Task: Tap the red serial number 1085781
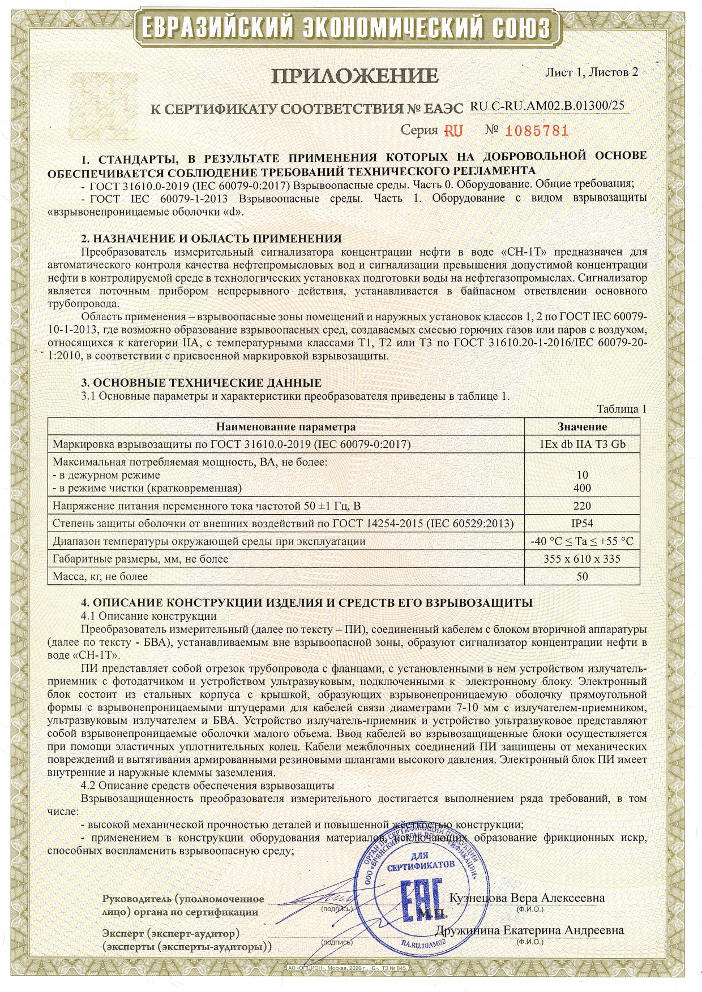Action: click(x=536, y=131)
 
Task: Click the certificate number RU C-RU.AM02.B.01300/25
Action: click(x=547, y=106)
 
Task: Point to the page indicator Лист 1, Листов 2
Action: click(x=591, y=72)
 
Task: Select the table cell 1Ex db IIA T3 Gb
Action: click(x=582, y=444)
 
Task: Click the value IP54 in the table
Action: click(x=582, y=523)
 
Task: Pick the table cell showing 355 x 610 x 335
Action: click(x=582, y=559)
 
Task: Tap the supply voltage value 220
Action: click(x=582, y=506)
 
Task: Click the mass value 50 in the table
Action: click(x=582, y=577)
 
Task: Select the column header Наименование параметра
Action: click(x=286, y=427)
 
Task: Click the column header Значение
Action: click(x=582, y=427)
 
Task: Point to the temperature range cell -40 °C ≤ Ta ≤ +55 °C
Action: click(x=582, y=541)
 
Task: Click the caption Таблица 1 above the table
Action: click(x=621, y=409)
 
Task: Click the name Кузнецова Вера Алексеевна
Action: click(x=526, y=898)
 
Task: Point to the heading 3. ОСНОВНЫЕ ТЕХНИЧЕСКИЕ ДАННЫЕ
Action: click(x=201, y=383)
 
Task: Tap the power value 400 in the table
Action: click(x=582, y=488)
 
